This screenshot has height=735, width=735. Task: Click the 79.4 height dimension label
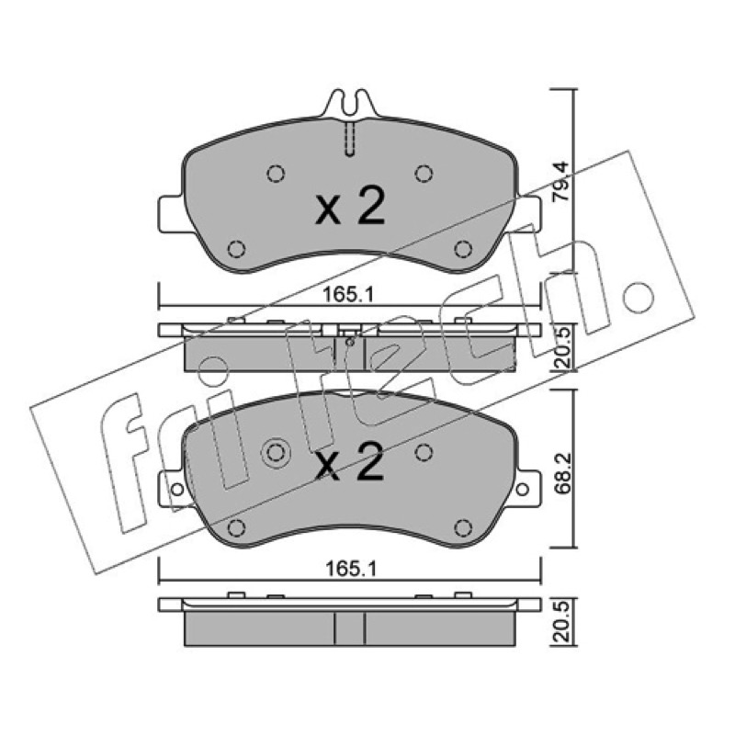560,182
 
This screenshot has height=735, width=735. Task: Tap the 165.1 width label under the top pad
348,295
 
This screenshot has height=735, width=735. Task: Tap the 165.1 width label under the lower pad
351,569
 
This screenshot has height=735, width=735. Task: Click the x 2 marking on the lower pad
350,462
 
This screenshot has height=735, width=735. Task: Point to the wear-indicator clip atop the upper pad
350,104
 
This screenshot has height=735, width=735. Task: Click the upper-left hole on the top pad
276,174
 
